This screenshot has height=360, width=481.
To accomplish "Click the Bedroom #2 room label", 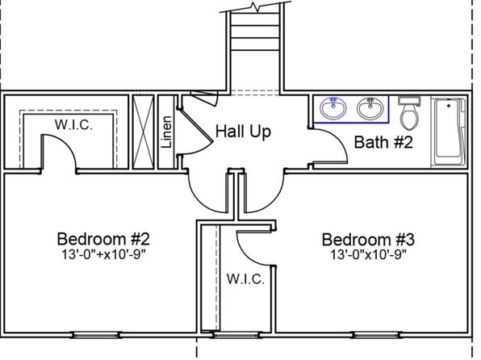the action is pos(103,239).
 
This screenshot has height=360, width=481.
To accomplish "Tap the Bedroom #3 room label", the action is pos(368,240).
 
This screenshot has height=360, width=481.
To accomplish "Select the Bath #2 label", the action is pos(383,142).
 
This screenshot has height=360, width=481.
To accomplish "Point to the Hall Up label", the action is pos(243,132).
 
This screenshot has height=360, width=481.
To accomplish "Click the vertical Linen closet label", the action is pos(166,132).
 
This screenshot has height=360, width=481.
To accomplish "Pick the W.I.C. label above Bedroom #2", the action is pos(73,125).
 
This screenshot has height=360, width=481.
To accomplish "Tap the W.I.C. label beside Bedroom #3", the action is pos(245,279).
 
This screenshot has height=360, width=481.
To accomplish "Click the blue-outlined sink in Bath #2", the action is pos(333,108).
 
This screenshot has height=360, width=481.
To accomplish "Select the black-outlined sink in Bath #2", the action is pos(370,108).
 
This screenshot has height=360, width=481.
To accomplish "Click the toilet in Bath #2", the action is pos(409,113).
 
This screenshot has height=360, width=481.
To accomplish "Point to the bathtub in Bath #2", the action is pos(449,132).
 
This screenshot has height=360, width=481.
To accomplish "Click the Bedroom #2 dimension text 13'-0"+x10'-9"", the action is pos(103,255).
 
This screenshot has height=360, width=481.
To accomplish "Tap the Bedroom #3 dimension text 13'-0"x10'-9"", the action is pos(368,255).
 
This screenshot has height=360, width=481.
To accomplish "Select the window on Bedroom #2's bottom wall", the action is pos(96,335).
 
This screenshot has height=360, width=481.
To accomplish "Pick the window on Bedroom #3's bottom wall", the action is pos(378,335).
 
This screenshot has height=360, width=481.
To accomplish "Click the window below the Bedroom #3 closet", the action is pos(236,335).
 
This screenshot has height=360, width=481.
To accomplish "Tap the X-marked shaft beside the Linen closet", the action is pos(143,132).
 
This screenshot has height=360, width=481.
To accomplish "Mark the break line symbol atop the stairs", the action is pos(256,6).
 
